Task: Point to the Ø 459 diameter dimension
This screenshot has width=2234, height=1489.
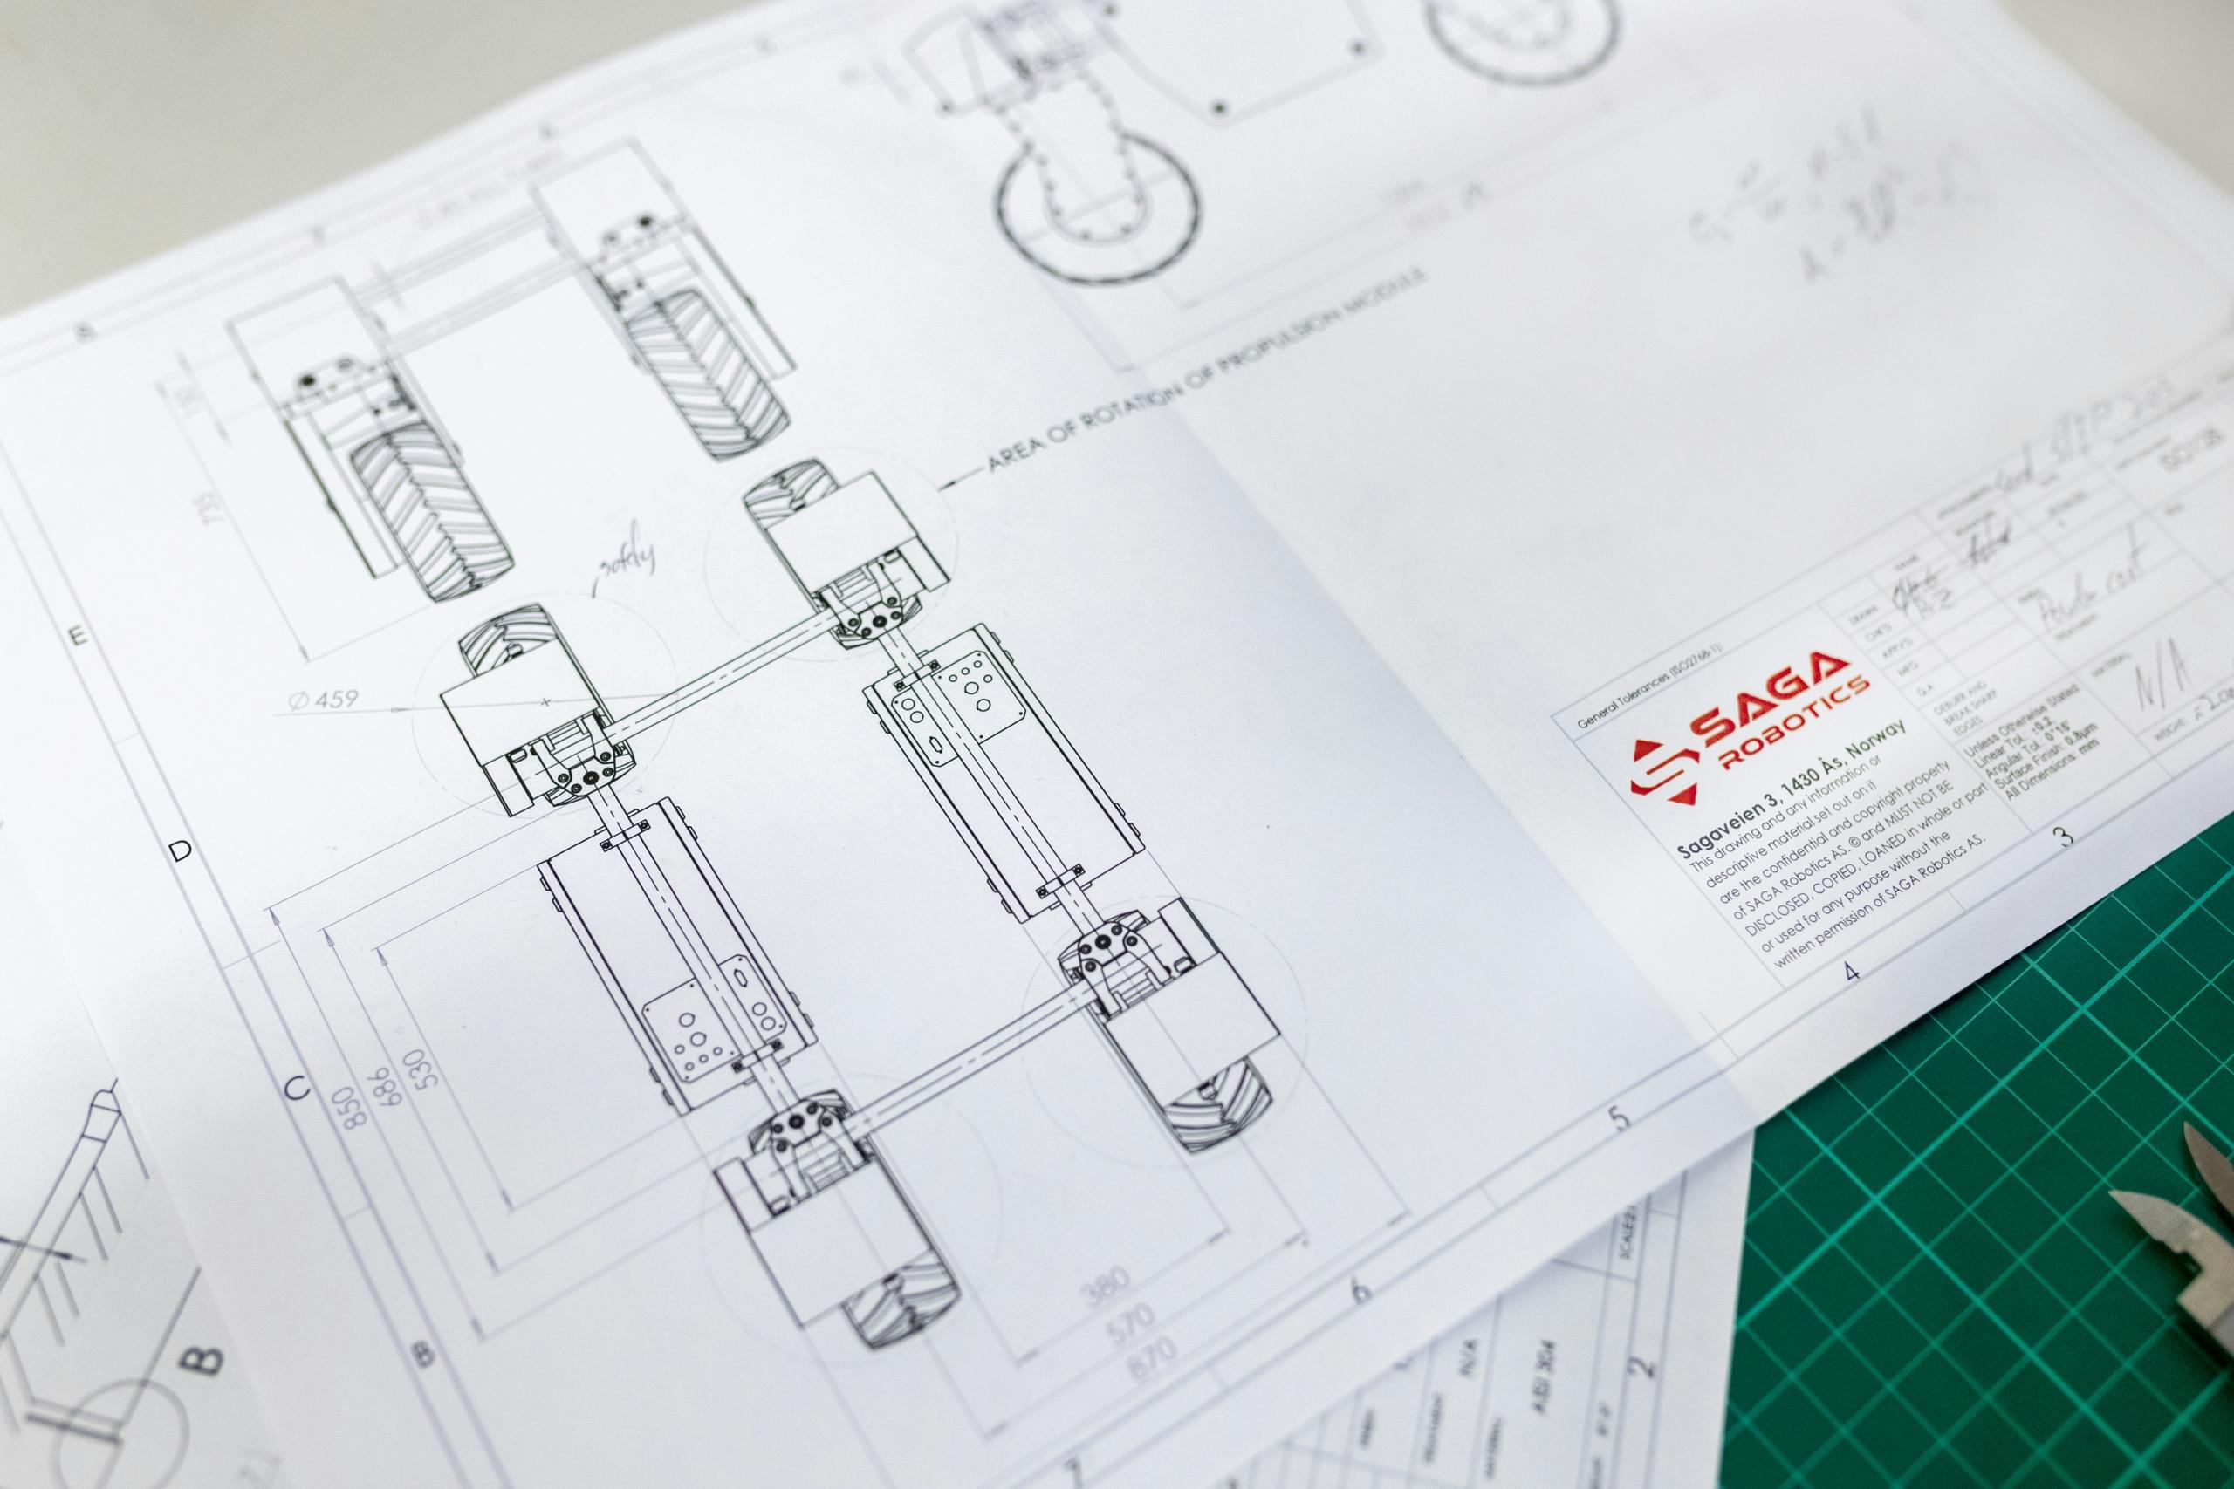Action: (323, 699)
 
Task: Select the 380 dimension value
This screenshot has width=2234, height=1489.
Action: (1106, 1288)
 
